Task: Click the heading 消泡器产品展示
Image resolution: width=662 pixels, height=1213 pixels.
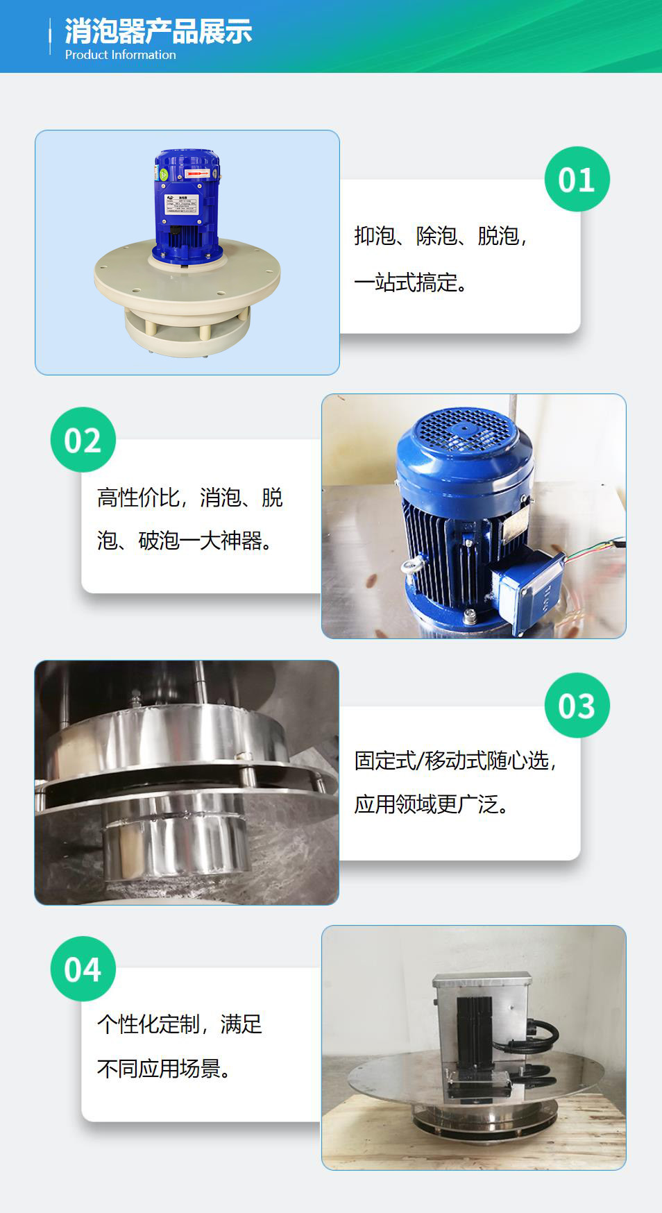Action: coord(158,31)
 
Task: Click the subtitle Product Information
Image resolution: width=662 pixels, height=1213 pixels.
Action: coord(120,55)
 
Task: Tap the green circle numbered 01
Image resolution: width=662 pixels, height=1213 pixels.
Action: coord(577,179)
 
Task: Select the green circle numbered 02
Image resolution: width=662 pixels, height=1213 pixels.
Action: coord(83,440)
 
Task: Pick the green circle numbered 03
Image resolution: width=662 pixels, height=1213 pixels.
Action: coord(577,705)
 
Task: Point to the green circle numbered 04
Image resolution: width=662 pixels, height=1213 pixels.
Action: coord(83,969)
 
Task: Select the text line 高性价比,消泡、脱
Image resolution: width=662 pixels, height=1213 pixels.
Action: coord(189,497)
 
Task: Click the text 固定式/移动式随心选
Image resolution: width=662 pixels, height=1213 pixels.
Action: coord(455,761)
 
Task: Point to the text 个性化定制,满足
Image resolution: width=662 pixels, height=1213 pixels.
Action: coord(179,1024)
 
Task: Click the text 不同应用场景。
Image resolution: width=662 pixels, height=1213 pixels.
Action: coord(164,1068)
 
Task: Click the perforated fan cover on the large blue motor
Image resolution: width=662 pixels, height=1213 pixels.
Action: coord(461,428)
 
